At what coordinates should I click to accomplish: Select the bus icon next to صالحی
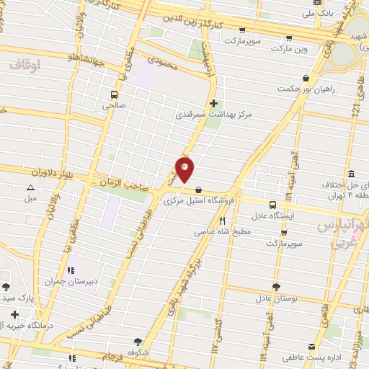(114, 94)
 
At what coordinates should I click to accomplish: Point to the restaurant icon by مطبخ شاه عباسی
(222, 221)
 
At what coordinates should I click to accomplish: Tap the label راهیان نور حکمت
(306, 89)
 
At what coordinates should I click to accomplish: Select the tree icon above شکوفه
(138, 342)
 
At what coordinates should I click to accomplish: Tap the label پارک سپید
(17, 297)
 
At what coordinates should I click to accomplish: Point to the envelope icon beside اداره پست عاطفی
(311, 346)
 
